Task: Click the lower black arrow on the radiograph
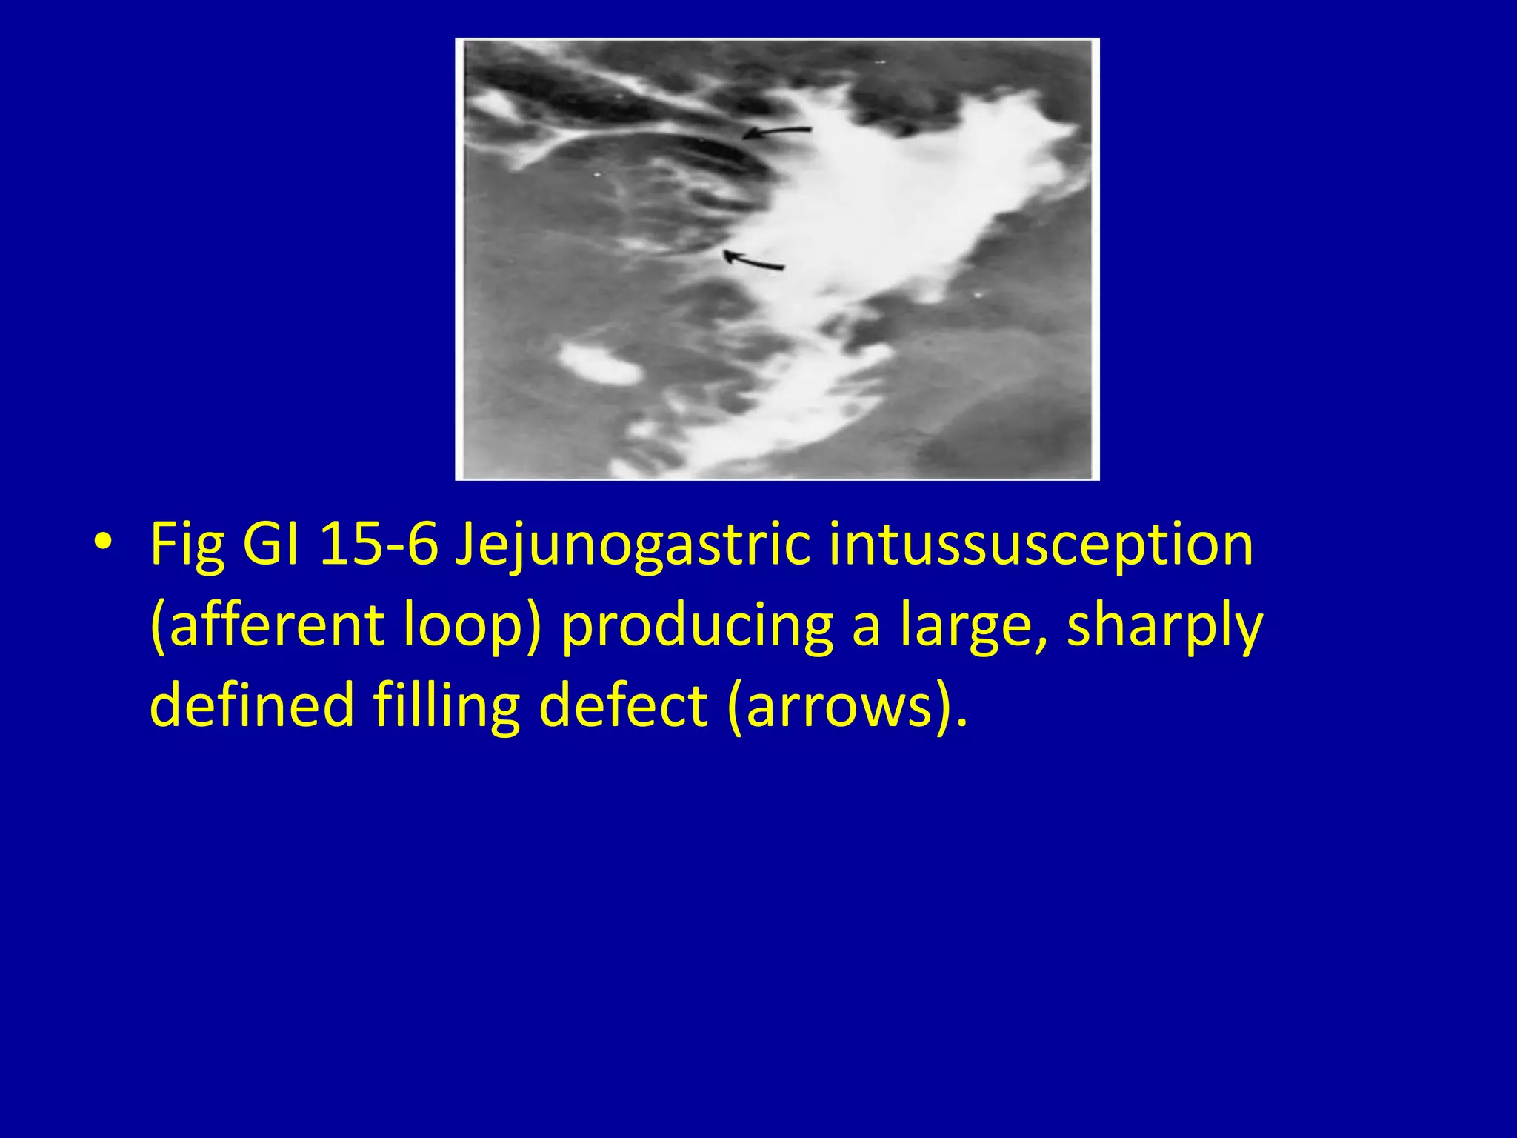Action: (753, 260)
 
